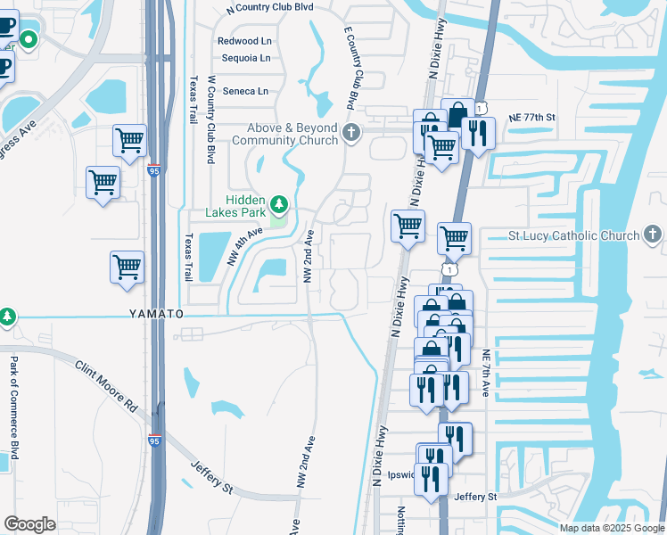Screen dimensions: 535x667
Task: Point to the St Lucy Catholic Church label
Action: [573, 235]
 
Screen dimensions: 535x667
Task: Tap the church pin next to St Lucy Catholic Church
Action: [653, 235]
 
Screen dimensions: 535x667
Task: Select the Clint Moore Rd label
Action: [105, 385]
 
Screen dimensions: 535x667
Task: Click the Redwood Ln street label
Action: [244, 41]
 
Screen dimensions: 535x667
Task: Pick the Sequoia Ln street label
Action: [245, 58]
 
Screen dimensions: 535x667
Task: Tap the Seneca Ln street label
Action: [244, 91]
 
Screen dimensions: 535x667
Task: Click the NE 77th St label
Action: [532, 118]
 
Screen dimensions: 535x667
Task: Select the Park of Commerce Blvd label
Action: [14, 401]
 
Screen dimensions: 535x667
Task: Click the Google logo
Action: [29, 524]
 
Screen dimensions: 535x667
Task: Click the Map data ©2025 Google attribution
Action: [611, 528]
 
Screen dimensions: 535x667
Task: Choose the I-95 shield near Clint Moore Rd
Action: [155, 440]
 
